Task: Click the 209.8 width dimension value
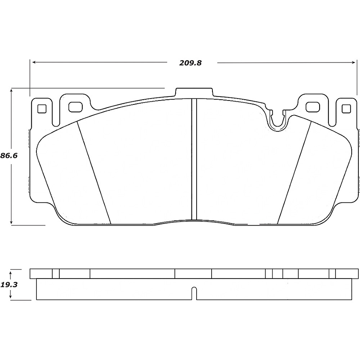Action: pos(191,63)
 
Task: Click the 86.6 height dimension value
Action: pos(9,156)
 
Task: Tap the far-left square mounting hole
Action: pos(41,108)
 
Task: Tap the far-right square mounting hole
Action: pos(346,108)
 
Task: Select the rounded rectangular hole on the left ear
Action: pos(74,107)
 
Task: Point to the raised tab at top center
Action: pos(194,92)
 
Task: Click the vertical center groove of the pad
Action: pos(194,158)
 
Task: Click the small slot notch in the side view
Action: pos(194,293)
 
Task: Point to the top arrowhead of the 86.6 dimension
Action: pos(12,91)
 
